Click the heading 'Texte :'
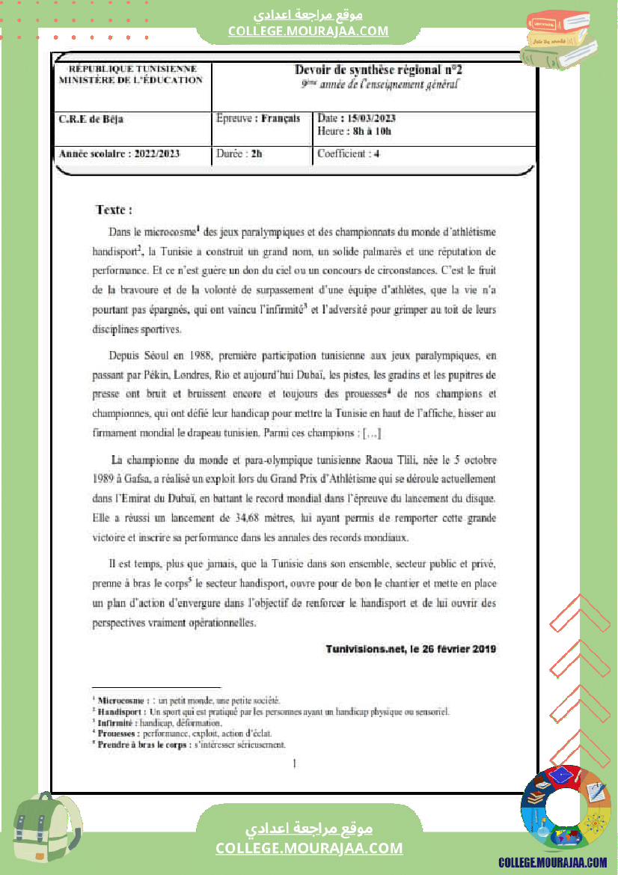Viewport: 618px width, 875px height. (114, 210)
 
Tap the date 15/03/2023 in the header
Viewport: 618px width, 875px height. (367, 118)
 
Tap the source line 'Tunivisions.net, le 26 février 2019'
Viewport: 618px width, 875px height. (411, 648)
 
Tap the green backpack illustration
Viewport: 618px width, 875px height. (44, 829)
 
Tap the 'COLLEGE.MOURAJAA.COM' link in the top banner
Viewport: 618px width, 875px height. (308, 31)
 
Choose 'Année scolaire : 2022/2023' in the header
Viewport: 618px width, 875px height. (119, 154)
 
